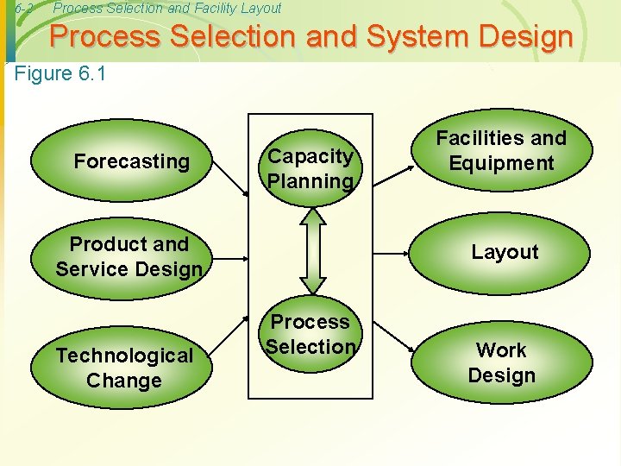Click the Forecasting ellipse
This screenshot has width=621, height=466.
[x=131, y=161]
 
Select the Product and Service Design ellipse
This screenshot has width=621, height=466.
[x=129, y=257]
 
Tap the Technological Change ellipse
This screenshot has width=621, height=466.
[x=125, y=368]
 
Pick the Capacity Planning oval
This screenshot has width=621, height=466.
[x=310, y=168]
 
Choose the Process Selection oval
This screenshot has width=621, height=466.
[x=310, y=334]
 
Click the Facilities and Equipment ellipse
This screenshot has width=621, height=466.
[x=501, y=151]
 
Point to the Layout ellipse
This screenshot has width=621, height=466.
[x=505, y=252]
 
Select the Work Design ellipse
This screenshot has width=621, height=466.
[x=501, y=363]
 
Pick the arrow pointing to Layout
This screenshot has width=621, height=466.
[x=392, y=253]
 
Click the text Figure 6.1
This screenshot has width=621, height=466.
[x=60, y=74]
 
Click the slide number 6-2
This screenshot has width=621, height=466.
[x=25, y=9]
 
